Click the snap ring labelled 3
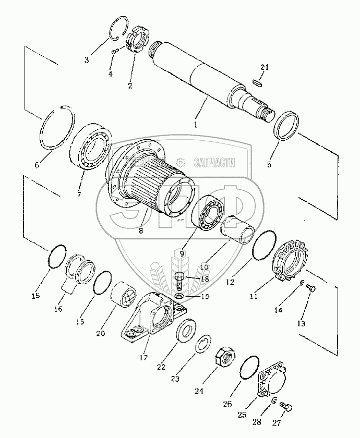(119, 29)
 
